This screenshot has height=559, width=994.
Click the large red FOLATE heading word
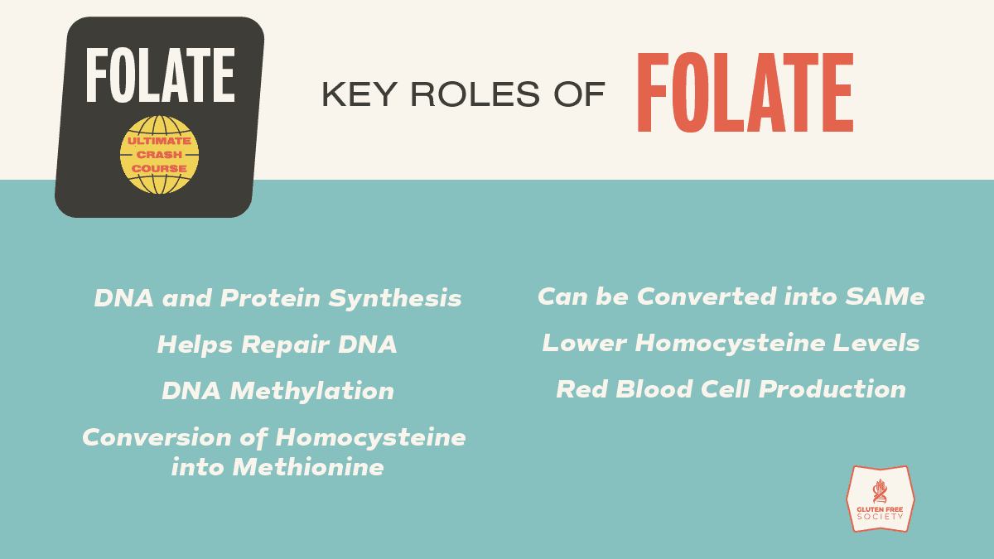point(745,92)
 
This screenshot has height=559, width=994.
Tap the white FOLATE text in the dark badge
point(160,75)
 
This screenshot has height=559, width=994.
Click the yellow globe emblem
point(159,155)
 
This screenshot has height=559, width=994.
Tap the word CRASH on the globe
point(159,155)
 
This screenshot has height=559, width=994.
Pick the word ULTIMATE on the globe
point(159,141)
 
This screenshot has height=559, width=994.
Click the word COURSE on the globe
point(159,169)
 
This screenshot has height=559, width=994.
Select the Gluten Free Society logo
point(881,499)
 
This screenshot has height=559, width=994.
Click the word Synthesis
point(395,298)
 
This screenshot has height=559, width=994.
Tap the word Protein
point(270,297)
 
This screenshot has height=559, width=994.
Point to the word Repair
point(286,345)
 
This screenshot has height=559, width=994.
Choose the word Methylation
point(312,391)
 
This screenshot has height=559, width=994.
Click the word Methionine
point(308,467)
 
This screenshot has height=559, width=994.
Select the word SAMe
point(885,296)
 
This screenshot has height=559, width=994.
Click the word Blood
point(654,389)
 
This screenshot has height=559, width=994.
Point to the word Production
point(832,389)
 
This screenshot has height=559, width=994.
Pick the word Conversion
point(157,437)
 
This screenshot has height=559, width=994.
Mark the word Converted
point(707,296)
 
